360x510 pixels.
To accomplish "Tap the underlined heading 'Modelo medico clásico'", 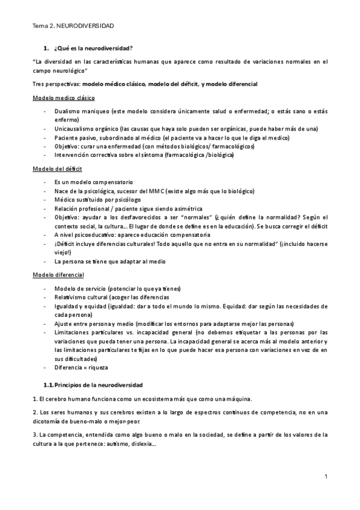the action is [x=63, y=98].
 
